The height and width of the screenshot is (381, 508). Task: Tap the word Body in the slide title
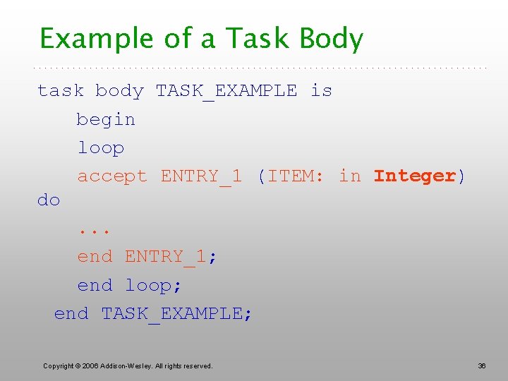coord(331,39)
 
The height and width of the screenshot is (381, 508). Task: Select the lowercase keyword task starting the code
coord(61,91)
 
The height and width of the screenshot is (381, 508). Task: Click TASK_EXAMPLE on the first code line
coord(226,91)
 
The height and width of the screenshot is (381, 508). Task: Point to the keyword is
coord(321,91)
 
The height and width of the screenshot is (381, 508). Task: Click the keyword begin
coord(106,120)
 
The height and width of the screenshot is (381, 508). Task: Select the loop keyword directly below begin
coord(100,148)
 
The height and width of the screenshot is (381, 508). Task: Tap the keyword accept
coord(112,176)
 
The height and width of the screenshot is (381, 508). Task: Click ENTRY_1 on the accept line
coord(201,176)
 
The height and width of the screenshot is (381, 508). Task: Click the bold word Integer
coord(415,176)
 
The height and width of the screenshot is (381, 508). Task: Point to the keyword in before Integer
coord(350,176)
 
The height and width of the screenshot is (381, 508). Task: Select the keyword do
coord(49,200)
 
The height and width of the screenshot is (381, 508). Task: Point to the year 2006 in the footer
coord(90,365)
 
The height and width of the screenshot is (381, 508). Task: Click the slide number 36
coord(482,365)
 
